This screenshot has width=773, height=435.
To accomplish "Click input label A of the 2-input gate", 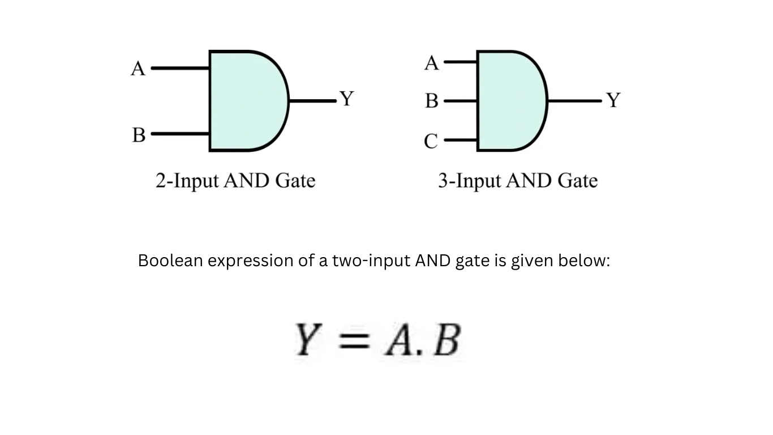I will pyautogui.click(x=138, y=69).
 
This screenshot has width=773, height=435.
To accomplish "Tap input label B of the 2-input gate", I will pyautogui.click(x=139, y=135).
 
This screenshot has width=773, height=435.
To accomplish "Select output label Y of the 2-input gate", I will pyautogui.click(x=346, y=99).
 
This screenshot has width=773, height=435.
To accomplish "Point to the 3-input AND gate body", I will pyautogui.click(x=509, y=101).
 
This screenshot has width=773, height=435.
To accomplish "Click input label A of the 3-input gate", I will pyautogui.click(x=432, y=63).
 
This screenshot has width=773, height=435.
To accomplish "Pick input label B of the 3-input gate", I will pyautogui.click(x=432, y=101).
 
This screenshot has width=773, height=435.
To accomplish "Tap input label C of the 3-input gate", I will pyautogui.click(x=431, y=140).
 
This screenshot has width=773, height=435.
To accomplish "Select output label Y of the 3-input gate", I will pyautogui.click(x=613, y=101).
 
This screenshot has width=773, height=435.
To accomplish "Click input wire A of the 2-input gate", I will pyautogui.click(x=181, y=68).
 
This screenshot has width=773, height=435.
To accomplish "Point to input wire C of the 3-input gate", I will pyautogui.click(x=460, y=139).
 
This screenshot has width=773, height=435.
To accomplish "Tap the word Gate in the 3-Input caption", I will pyautogui.click(x=578, y=181).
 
